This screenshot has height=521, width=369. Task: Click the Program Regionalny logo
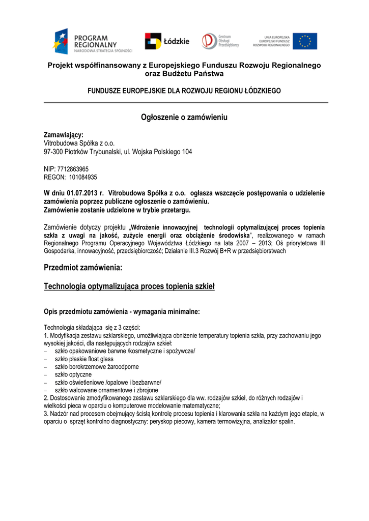click(93, 42)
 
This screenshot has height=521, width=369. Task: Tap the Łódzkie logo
click(167, 41)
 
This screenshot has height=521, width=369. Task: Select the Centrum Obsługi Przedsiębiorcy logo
click(220, 41)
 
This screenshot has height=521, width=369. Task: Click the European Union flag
click(308, 41)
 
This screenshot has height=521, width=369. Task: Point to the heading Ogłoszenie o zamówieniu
click(184, 118)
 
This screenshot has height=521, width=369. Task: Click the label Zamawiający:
click(64, 135)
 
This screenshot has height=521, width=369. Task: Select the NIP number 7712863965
click(73, 169)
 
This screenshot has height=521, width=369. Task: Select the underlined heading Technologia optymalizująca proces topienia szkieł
click(129, 287)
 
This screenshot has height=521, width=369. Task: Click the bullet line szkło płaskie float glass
click(84, 359)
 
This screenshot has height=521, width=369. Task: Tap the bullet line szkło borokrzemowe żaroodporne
click(97, 366)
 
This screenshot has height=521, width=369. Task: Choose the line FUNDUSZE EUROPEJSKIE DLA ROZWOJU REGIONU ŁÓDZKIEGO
click(184, 91)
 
